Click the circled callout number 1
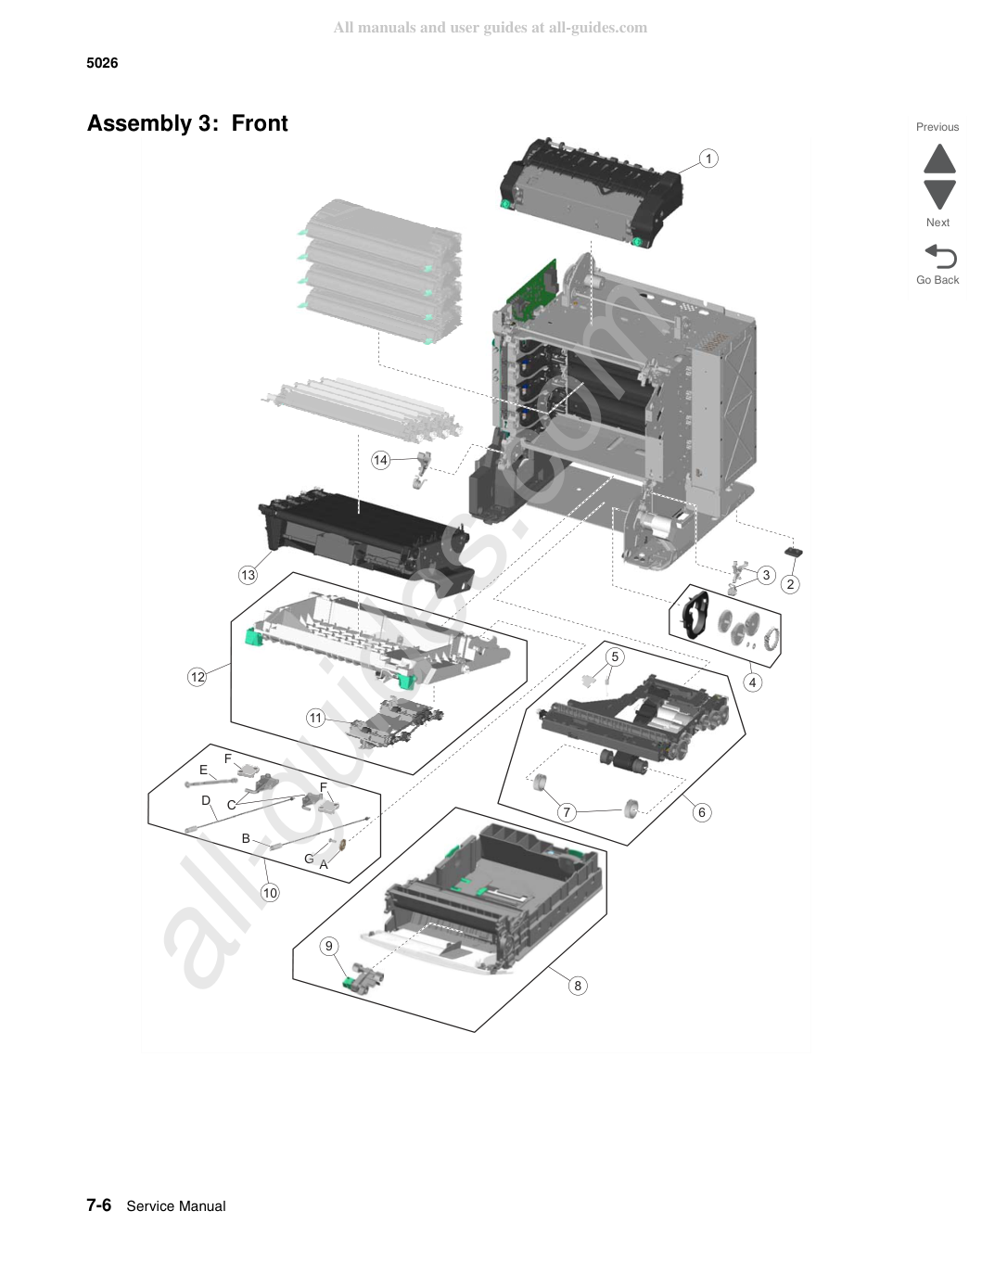click(708, 159)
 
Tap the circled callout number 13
click(248, 575)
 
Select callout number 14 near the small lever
click(380, 460)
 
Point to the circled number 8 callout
click(578, 986)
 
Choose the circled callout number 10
click(270, 893)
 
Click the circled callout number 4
click(752, 682)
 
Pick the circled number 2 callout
click(790, 584)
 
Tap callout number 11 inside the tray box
click(316, 719)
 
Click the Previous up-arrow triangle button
click(939, 159)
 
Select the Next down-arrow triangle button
click(939, 194)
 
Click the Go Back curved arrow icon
click(940, 256)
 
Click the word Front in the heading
click(259, 123)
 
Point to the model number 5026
click(102, 63)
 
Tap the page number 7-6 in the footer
click(98, 1205)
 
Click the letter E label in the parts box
click(203, 770)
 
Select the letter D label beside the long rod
click(206, 800)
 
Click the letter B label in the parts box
click(247, 839)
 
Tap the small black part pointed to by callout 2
click(794, 552)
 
